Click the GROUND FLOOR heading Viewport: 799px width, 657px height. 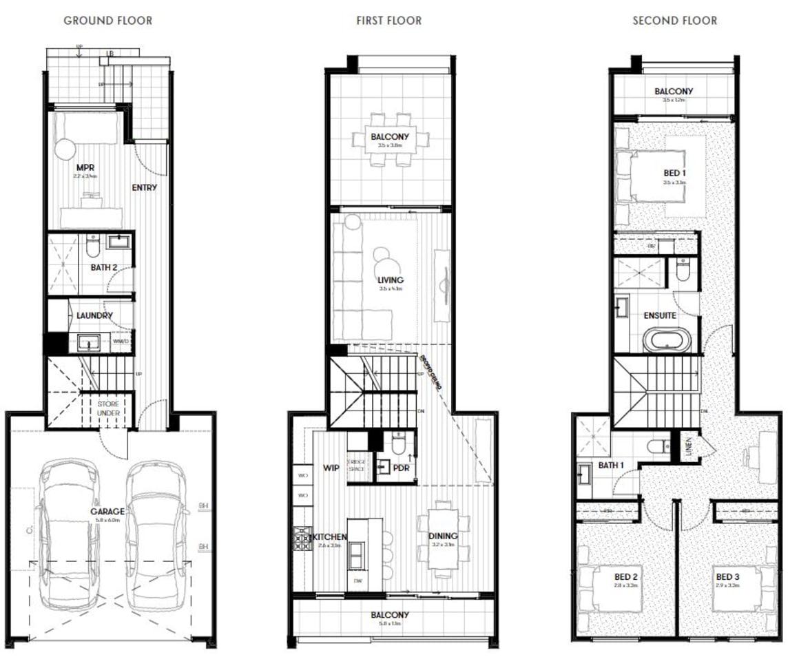pos(107,21)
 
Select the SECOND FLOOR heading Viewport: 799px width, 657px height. pos(674,21)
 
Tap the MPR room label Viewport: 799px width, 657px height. pos(85,167)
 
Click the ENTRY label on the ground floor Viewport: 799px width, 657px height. pos(144,187)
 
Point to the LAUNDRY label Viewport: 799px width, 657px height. pos(94,315)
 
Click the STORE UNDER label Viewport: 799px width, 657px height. pos(107,408)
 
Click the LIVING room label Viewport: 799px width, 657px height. pos(390,280)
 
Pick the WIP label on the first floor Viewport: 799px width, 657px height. pos(331,468)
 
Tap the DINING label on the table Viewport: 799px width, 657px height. pos(442,536)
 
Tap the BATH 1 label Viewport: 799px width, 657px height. pos(610,466)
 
